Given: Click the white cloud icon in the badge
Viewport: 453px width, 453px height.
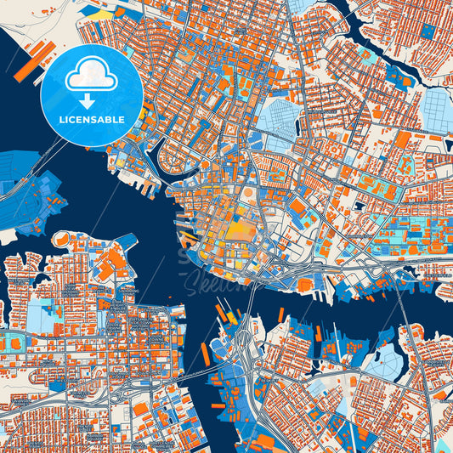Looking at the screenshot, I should (x=91, y=76).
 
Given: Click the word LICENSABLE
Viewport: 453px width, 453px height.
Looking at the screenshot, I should (x=91, y=120).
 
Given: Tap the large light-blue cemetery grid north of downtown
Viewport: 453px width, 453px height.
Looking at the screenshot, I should (x=284, y=118).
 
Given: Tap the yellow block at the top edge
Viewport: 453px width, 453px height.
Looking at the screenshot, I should (x=101, y=14).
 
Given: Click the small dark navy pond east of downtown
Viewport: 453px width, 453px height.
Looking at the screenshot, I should (x=360, y=205).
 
